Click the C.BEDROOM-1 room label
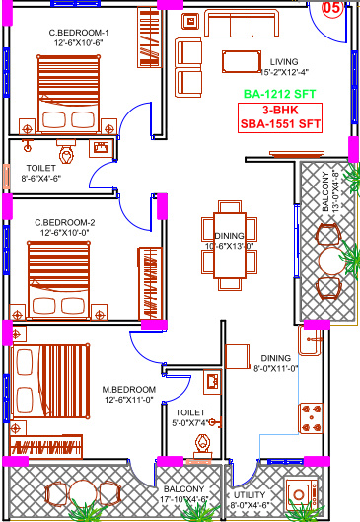tap(79, 33)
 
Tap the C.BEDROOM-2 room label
tap(64, 222)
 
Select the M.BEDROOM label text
tap(128, 389)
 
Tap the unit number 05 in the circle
tap(333, 9)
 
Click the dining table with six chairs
tap(230, 246)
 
